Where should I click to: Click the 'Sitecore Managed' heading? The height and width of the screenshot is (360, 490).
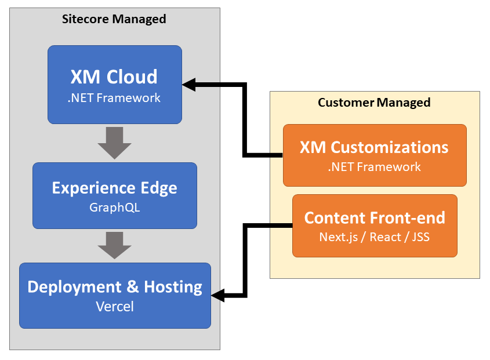[x=114, y=19]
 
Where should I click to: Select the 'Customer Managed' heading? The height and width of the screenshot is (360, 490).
[x=374, y=103]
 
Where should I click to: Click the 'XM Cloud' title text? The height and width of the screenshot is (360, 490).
[x=114, y=77]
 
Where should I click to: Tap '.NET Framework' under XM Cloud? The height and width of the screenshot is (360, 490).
[x=114, y=97]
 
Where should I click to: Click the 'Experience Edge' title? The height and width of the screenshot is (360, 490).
[x=114, y=188]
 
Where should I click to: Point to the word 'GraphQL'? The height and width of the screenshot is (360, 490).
[x=114, y=207]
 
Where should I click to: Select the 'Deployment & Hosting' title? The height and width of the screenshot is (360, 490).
[x=115, y=287]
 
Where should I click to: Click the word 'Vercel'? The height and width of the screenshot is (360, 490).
[x=114, y=307]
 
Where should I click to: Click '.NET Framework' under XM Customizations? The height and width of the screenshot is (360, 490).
[x=374, y=167]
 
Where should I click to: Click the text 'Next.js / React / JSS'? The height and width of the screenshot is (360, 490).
[x=375, y=237]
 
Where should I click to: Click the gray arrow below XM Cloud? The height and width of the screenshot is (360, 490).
[x=114, y=143]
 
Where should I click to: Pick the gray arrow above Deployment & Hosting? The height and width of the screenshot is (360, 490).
[x=114, y=244]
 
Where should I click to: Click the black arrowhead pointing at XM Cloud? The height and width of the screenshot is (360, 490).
[x=190, y=85]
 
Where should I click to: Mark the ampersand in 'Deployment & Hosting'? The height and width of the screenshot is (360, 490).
[x=121, y=287]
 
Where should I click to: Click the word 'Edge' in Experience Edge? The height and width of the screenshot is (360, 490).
[x=157, y=188]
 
